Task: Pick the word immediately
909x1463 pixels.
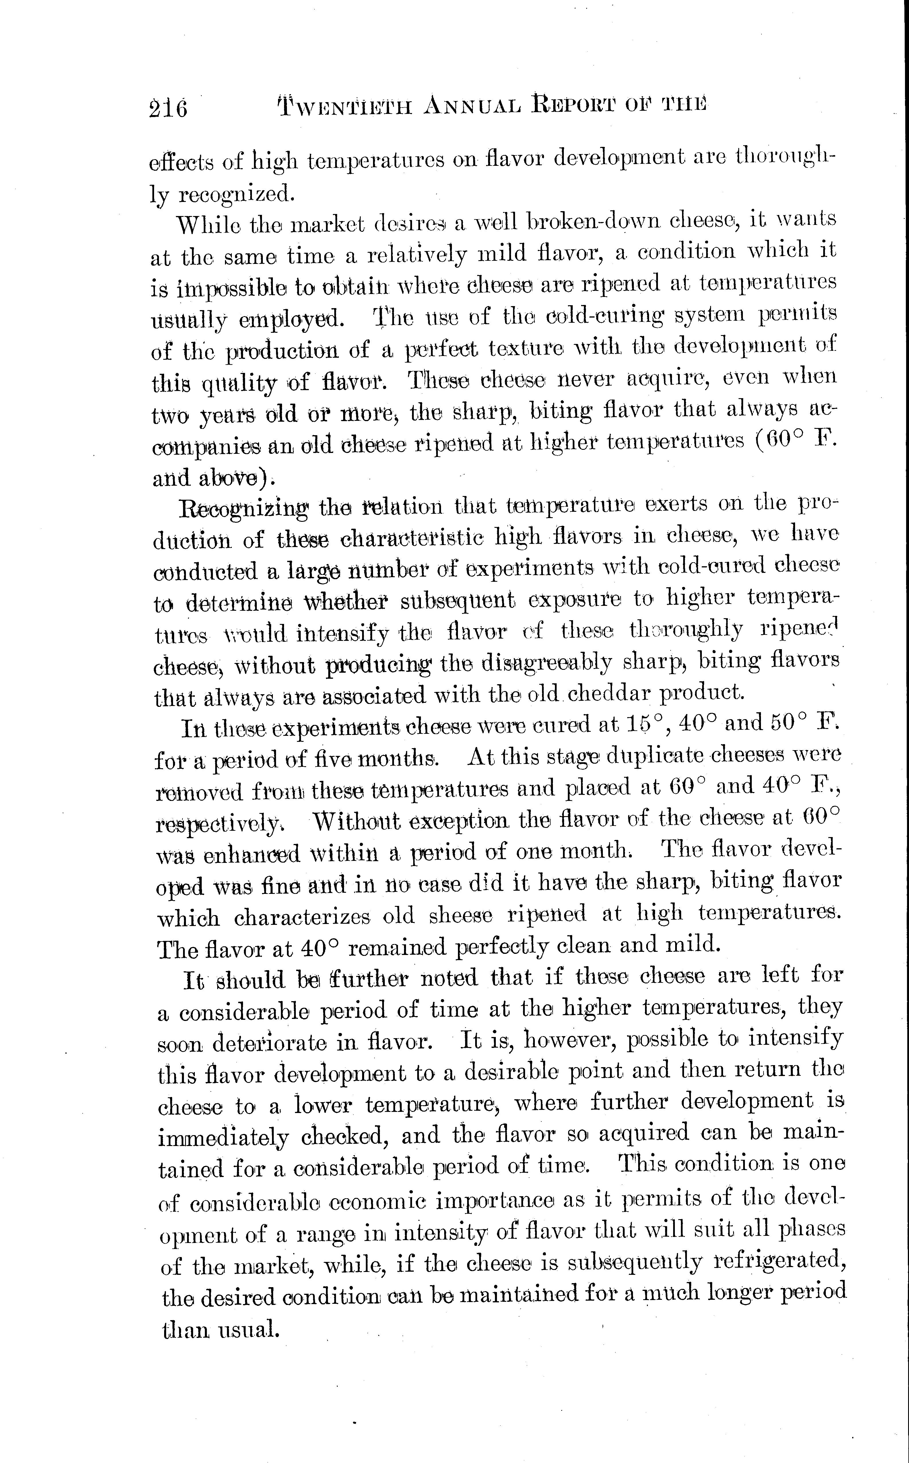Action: point(223,1136)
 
